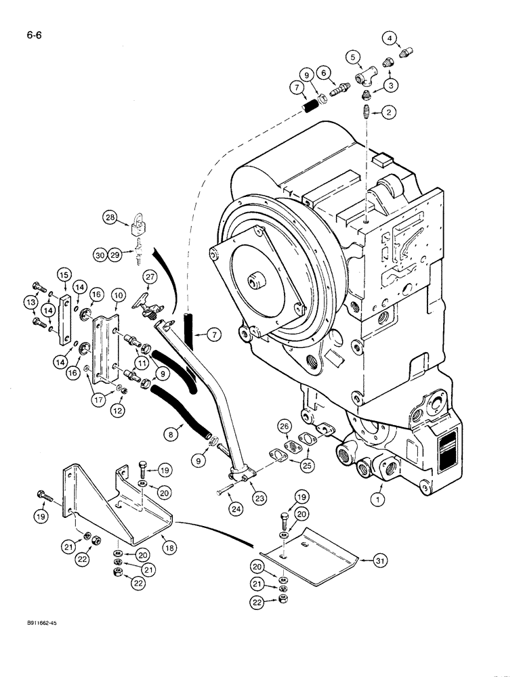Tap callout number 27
149,276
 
